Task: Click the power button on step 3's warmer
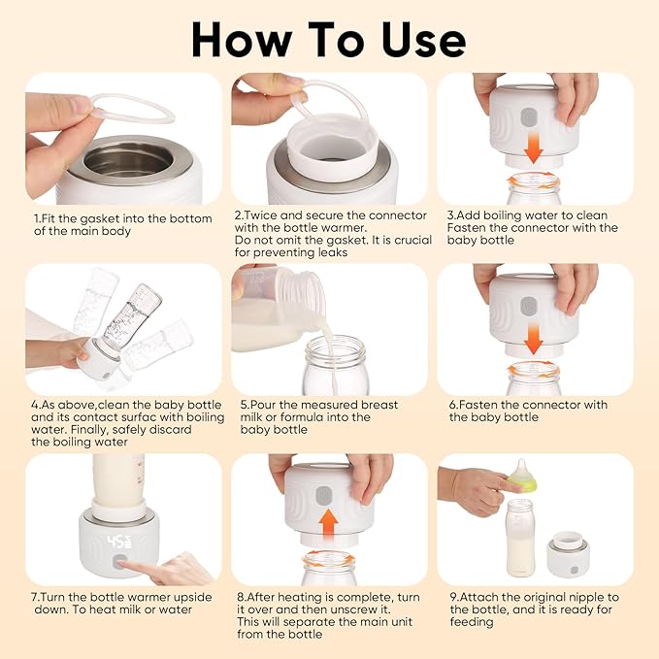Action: (529, 117)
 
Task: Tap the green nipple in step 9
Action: (523, 476)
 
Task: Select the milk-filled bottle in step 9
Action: (520, 539)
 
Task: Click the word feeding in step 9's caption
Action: (473, 622)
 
